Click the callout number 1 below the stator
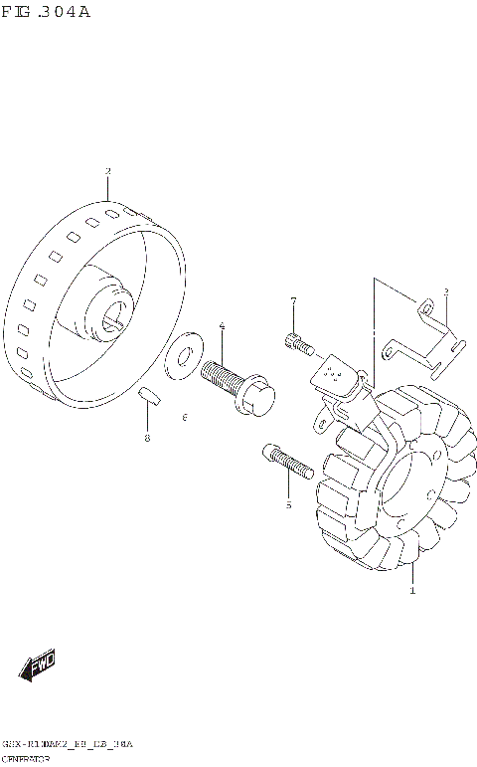[x=412, y=591]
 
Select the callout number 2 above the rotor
[x=107, y=172]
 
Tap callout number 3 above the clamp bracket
[x=445, y=291]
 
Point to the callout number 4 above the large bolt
[x=222, y=326]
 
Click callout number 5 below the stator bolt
[x=287, y=504]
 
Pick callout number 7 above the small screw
[x=293, y=300]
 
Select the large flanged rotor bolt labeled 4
[x=233, y=386]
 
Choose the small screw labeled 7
[x=299, y=343]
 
